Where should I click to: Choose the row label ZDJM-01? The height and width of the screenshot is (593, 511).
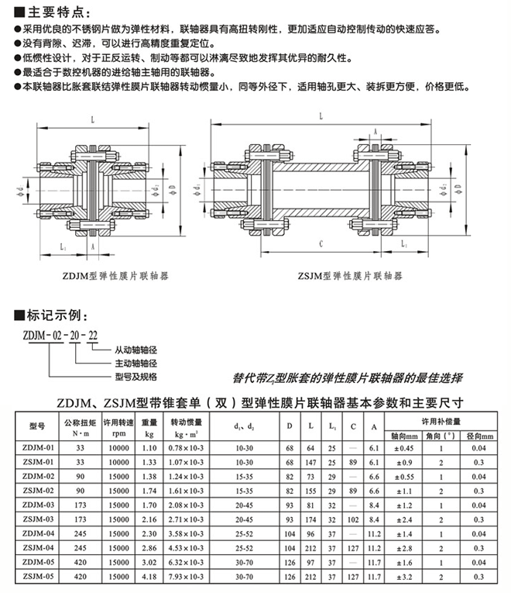[38, 448]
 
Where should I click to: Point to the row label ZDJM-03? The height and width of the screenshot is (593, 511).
[38, 505]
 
